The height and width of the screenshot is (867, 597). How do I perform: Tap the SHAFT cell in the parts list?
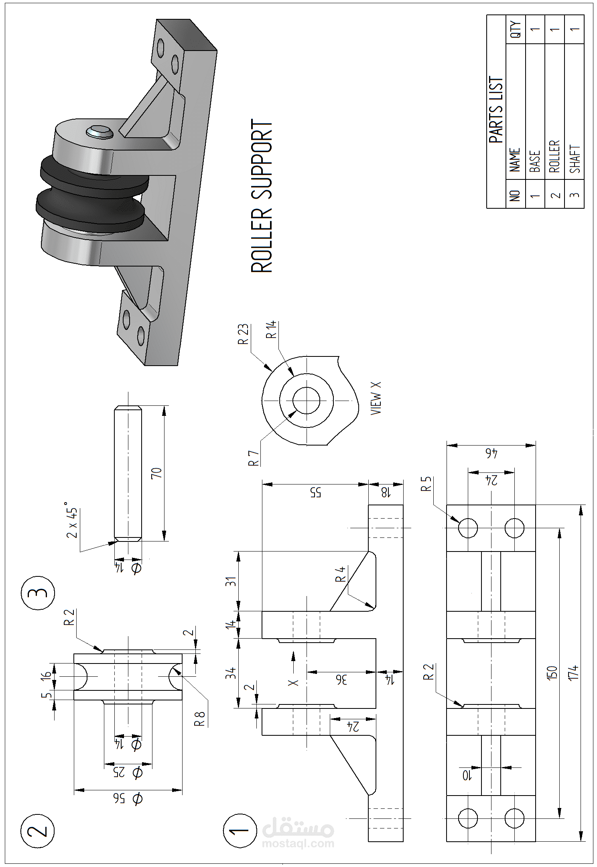pos(575,159)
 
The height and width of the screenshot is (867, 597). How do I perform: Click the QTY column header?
pos(516,29)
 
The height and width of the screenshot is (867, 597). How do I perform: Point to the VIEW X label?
pos(376,398)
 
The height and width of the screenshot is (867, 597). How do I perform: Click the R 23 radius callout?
pos(243,334)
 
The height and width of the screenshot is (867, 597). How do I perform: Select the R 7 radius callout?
pos(253,458)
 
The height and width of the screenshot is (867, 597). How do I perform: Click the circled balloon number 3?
pos(37,592)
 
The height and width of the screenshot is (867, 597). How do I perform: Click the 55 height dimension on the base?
pos(316,493)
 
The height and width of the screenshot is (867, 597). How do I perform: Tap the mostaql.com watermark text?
pos(298,843)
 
